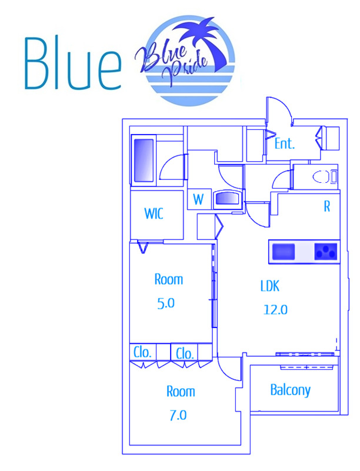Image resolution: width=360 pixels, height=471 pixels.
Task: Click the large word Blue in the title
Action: (73, 64)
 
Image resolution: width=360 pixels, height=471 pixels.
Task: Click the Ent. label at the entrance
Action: (285, 143)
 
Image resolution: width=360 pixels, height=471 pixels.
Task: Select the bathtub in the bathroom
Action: (144, 161)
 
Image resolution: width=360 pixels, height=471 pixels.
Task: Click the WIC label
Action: (154, 213)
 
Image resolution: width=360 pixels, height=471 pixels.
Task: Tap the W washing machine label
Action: (198, 199)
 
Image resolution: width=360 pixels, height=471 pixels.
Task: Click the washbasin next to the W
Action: (228, 199)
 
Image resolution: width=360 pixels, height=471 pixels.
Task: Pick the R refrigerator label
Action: (327, 206)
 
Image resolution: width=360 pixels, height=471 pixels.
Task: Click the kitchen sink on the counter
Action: (284, 251)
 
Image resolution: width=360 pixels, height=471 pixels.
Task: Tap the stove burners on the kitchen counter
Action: (326, 251)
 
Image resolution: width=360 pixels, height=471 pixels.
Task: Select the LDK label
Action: (270, 286)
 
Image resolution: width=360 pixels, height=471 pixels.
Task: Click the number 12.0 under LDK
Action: (275, 309)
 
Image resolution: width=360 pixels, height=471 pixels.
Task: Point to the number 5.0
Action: (166, 303)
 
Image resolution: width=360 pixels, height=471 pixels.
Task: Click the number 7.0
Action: (178, 415)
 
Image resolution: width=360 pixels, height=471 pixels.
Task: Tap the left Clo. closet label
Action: (142, 352)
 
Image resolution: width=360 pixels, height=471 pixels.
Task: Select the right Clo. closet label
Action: (185, 353)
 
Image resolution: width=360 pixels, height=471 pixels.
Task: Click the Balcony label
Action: (290, 390)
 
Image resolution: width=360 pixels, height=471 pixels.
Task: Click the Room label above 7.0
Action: (181, 392)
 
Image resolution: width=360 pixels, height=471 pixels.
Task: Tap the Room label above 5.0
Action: (169, 279)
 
